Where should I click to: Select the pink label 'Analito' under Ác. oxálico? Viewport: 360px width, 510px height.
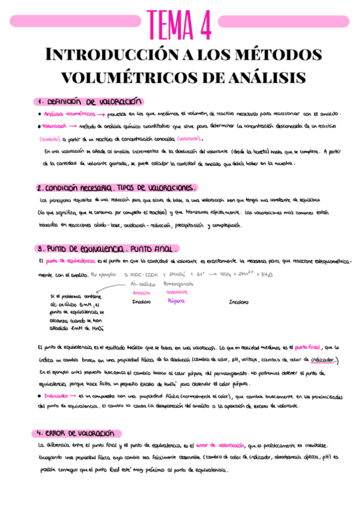click(x=141, y=292)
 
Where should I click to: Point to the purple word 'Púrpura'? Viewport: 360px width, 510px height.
click(x=175, y=301)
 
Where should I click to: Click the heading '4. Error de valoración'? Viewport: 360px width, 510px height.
click(x=75, y=434)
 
